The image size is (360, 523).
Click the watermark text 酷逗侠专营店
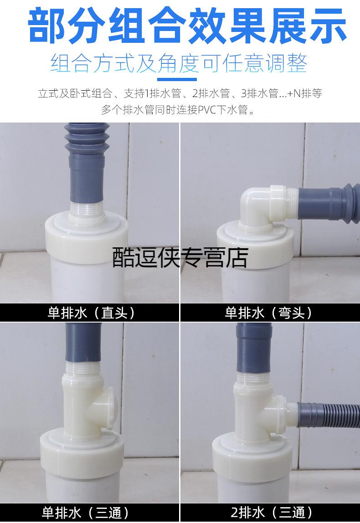[x=180, y=258]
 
